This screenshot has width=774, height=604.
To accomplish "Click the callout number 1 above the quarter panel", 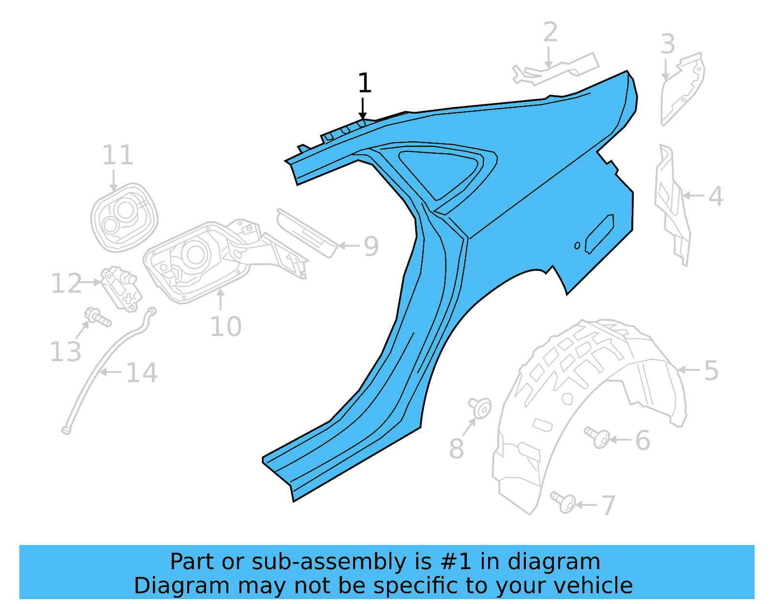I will pyautogui.click(x=364, y=83).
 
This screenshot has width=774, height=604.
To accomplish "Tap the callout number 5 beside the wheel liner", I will pyautogui.click(x=711, y=371).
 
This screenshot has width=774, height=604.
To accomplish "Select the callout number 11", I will pyautogui.click(x=118, y=155).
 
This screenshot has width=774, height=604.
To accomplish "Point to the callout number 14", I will pyautogui.click(x=141, y=373).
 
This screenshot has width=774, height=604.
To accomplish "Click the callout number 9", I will pyautogui.click(x=371, y=246).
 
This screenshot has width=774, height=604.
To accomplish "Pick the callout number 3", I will pyautogui.click(x=668, y=44).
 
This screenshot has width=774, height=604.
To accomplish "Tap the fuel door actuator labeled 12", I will pyautogui.click(x=120, y=288).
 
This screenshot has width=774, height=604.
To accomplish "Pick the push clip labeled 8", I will pyautogui.click(x=480, y=407).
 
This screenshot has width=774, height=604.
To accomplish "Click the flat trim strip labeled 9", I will pyautogui.click(x=307, y=232).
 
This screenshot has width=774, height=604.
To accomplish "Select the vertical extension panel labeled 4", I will pyautogui.click(x=671, y=203).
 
